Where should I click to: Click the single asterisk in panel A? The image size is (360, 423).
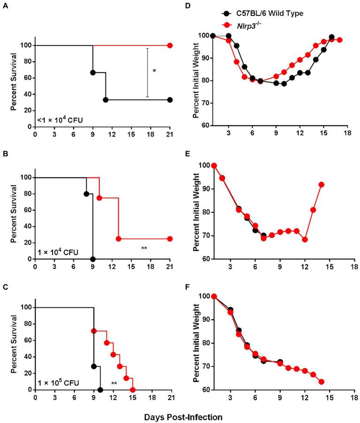point(154,71)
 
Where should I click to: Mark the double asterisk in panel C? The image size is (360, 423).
point(114,384)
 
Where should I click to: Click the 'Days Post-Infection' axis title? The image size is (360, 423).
point(180,416)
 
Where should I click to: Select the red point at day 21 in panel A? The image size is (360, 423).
point(170,45)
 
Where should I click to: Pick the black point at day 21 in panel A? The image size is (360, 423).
point(170,100)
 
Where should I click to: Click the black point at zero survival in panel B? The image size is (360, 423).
point(93,259)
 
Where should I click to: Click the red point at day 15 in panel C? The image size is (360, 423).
point(133,390)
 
